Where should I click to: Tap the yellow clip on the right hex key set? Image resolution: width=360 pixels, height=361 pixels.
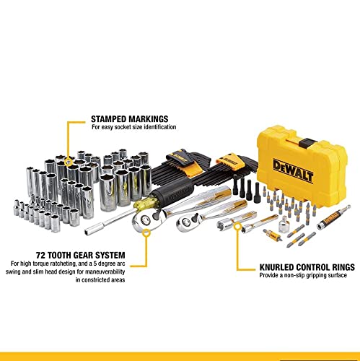229,157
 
